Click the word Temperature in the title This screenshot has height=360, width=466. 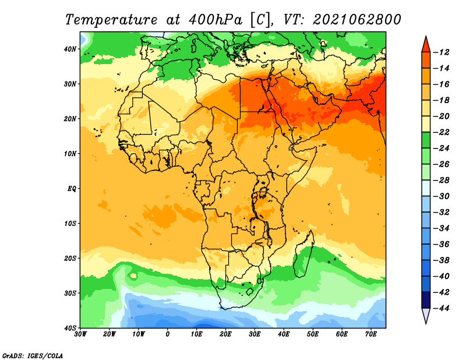pyautogui.click(x=111, y=20)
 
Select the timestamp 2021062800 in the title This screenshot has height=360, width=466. pyautogui.click(x=357, y=19)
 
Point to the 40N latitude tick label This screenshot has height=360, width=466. pyautogui.click(x=70, y=49)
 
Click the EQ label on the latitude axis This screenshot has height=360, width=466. pyautogui.click(x=72, y=189)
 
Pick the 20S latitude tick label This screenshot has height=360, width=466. pyautogui.click(x=70, y=258)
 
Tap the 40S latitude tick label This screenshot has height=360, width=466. pyautogui.click(x=70, y=328)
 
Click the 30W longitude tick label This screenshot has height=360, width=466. pyautogui.click(x=80, y=334)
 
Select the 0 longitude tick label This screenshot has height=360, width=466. pyautogui.click(x=168, y=334)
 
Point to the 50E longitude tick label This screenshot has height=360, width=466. pyautogui.click(x=313, y=334)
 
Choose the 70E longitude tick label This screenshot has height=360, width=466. pyautogui.click(x=371, y=334)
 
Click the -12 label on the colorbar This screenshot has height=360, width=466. pyautogui.click(x=441, y=52)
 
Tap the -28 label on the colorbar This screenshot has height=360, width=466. pyautogui.click(x=441, y=180)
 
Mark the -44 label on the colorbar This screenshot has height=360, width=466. pyautogui.click(x=441, y=308)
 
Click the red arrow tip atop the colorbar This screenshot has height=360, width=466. pyautogui.click(x=426, y=37)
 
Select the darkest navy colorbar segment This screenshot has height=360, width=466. pyautogui.click(x=426, y=300)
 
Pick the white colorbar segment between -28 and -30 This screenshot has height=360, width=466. pyautogui.click(x=426, y=188)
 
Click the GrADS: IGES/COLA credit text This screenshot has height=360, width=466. pyautogui.click(x=33, y=355)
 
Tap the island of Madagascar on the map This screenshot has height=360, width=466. pyautogui.click(x=303, y=255)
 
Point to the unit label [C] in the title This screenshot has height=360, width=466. pyautogui.click(x=260, y=20)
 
